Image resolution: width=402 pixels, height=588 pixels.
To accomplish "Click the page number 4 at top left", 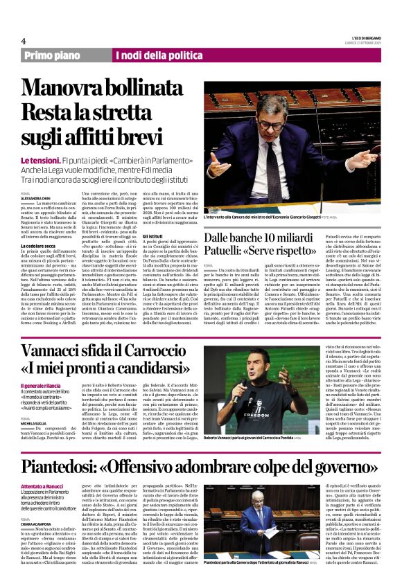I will [x=24, y=40].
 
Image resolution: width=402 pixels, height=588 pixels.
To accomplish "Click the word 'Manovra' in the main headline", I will [x=67, y=86].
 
